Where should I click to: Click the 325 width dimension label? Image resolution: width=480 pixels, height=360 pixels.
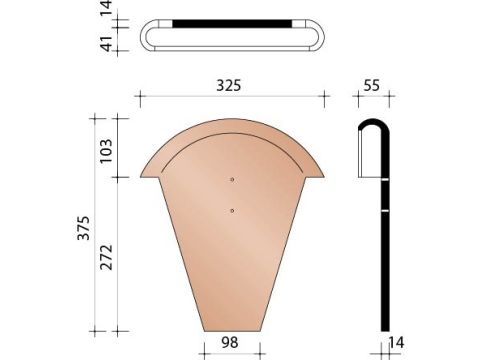[229, 85]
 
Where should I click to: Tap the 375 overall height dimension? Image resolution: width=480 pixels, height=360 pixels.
[84, 228]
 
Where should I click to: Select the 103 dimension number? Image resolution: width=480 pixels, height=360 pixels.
[106, 151]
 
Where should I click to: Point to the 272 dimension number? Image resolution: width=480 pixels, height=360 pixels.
[107, 257]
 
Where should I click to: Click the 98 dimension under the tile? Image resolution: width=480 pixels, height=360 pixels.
[230, 342]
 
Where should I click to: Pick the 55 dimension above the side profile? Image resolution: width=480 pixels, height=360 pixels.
[371, 85]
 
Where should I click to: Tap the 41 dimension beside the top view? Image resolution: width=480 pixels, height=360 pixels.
[107, 43]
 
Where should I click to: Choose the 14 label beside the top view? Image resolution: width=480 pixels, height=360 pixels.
[107, 8]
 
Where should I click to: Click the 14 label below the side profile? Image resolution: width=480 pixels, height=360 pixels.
[396, 343]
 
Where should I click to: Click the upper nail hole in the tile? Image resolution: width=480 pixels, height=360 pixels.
[232, 179]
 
